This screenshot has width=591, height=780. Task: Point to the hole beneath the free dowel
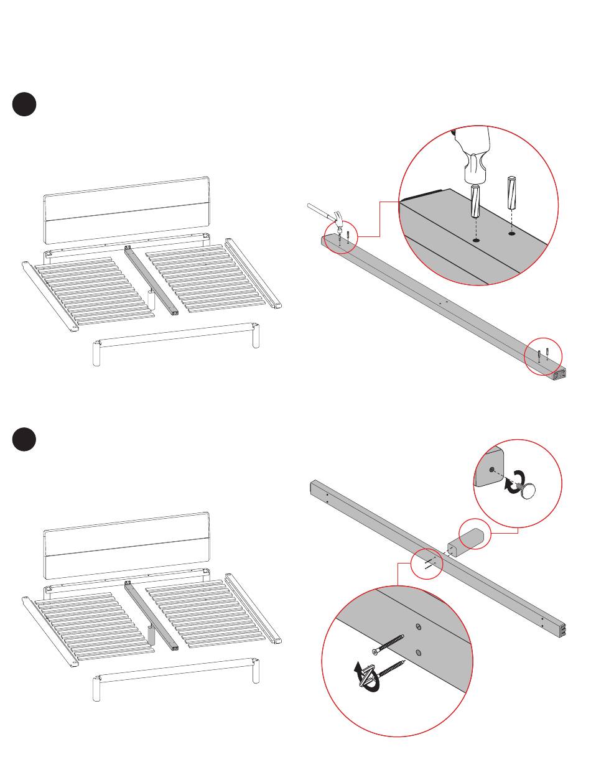click(x=511, y=234)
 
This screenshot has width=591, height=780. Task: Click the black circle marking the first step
click(x=24, y=104)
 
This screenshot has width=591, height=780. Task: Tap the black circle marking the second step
click(x=24, y=439)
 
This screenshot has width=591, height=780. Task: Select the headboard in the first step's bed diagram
click(x=126, y=210)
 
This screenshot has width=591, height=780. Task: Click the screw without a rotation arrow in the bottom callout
click(x=388, y=644)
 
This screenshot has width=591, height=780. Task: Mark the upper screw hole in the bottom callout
click(x=418, y=626)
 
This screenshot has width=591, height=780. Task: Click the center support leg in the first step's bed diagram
click(x=151, y=299)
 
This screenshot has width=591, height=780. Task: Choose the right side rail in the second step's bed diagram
click(x=253, y=608)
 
